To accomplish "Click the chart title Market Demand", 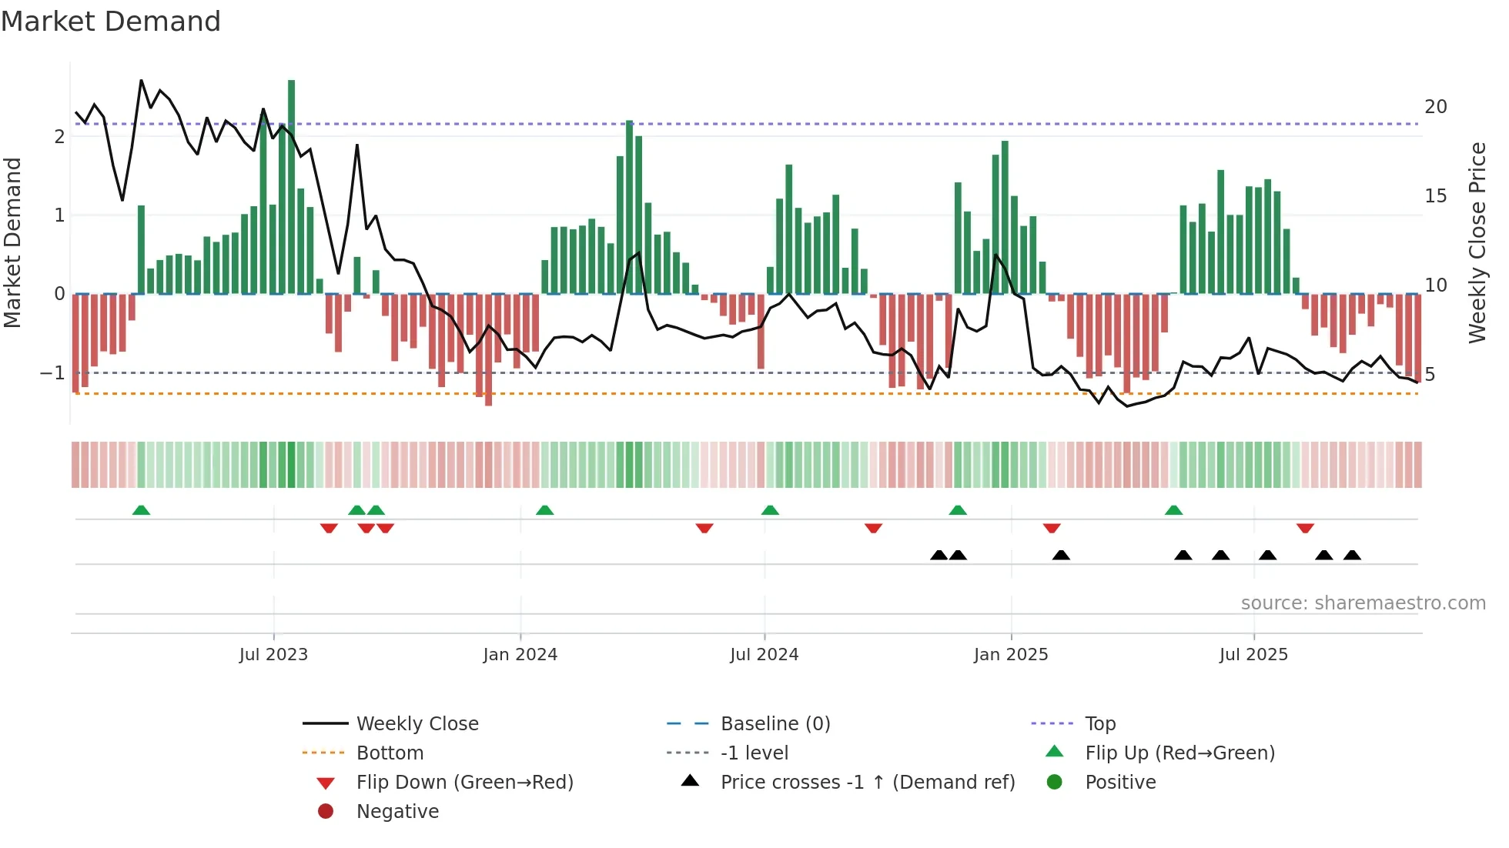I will pos(111,21).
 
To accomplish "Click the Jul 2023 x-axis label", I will pos(273,655).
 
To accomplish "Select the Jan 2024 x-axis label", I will pos(520,655).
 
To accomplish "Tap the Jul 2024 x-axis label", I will pos(764,655).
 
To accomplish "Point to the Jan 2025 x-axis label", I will pos(1010,655).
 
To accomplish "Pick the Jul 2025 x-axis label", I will pos(1253,655).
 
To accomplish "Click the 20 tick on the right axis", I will pos(1435,107).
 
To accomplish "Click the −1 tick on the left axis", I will pos(52,373).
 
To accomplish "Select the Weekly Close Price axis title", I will pos(1477,242).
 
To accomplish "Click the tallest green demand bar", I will pos(291,185).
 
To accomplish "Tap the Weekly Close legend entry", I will pos(417,724).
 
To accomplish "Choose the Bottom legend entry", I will pos(390,753).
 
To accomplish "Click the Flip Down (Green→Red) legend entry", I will pos(464,783).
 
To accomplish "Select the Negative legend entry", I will pos(397,812).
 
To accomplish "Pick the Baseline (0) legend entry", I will pos(775,724).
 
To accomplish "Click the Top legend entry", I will pos(1099,724).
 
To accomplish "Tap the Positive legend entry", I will pos(1119,783).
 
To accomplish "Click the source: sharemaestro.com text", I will pos(1363,603).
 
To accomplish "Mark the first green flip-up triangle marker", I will pos(141,510).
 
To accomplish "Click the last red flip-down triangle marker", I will pos(1304,528).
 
